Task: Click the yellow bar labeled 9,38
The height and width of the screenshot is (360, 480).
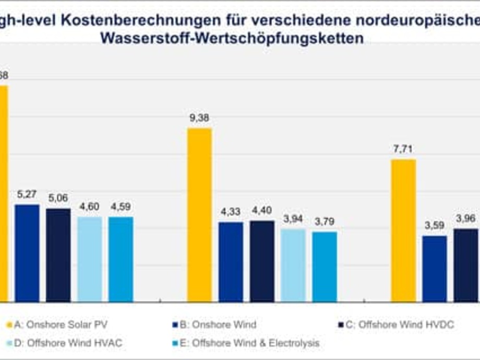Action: click(x=199, y=215)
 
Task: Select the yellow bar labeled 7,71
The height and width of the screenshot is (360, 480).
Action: click(x=403, y=231)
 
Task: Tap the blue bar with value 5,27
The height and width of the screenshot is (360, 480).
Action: click(x=27, y=253)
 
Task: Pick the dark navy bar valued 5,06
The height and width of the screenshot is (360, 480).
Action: click(x=58, y=255)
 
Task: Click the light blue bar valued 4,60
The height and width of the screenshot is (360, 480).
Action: click(x=90, y=259)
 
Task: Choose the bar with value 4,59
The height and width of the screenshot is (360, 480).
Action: click(x=121, y=259)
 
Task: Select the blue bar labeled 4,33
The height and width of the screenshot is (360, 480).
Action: click(x=231, y=262)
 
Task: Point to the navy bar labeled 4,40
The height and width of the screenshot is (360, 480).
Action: click(x=262, y=261)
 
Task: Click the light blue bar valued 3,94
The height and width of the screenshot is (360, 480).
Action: click(x=293, y=265)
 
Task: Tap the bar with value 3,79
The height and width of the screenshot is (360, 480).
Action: click(x=325, y=267)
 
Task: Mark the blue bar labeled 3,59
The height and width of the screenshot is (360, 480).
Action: click(x=435, y=269)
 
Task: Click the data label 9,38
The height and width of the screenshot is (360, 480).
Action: click(x=199, y=118)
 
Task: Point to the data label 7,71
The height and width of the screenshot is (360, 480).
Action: click(x=403, y=149)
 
